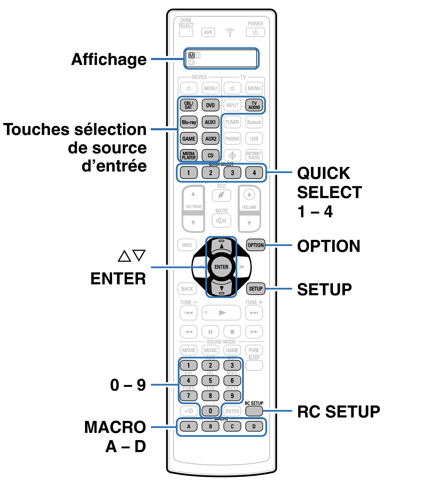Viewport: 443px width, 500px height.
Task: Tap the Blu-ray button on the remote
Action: coord(189,122)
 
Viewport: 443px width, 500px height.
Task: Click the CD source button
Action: coord(210,155)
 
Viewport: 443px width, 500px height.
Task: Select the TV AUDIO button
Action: coord(254,105)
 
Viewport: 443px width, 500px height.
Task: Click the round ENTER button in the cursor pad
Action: coord(221,267)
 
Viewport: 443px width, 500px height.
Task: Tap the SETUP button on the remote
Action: coord(256,289)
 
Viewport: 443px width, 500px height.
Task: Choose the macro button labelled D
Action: coord(254,426)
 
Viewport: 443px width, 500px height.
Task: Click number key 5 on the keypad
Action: coord(210,381)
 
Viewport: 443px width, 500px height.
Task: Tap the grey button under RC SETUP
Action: coord(254,411)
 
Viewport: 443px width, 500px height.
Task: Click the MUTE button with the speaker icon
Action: coord(221,220)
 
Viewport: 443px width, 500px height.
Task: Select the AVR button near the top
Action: coord(208,32)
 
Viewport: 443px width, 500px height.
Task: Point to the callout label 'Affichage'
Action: coord(109,59)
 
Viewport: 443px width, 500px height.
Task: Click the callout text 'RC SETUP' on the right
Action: coord(339,412)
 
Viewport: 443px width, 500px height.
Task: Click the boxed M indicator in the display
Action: coord(191,55)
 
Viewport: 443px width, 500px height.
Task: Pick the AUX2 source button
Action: coord(211,139)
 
